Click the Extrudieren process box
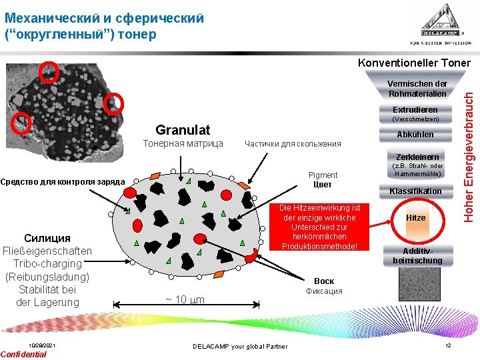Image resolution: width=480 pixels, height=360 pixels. tap(415, 109)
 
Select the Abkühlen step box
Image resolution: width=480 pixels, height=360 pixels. tap(415, 134)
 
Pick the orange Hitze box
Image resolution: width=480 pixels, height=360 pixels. tap(416, 218)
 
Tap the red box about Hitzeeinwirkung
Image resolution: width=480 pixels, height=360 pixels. tap(319, 227)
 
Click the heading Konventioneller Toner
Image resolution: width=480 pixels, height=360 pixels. tap(414, 63)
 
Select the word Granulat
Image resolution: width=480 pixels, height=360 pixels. tap(182, 129)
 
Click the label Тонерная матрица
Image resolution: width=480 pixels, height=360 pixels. tap(182, 143)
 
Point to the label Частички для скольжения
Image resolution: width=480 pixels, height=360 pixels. tap(293, 143)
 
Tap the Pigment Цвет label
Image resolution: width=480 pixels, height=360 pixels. tap(323, 180)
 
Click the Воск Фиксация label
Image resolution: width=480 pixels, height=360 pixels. tap(324, 285)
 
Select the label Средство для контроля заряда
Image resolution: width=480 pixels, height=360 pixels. tap(63, 181)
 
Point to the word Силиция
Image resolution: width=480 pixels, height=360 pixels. tap(47, 238)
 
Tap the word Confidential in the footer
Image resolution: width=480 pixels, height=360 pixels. tap(24, 354)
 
